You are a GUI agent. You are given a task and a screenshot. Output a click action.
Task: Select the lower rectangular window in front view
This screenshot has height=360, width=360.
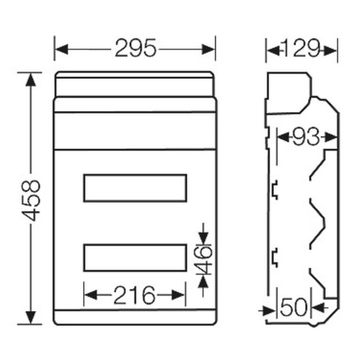134,258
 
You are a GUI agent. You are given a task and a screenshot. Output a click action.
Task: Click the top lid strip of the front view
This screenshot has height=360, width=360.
134,84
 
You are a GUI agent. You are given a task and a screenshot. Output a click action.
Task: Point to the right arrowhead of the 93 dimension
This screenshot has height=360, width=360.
322,138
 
